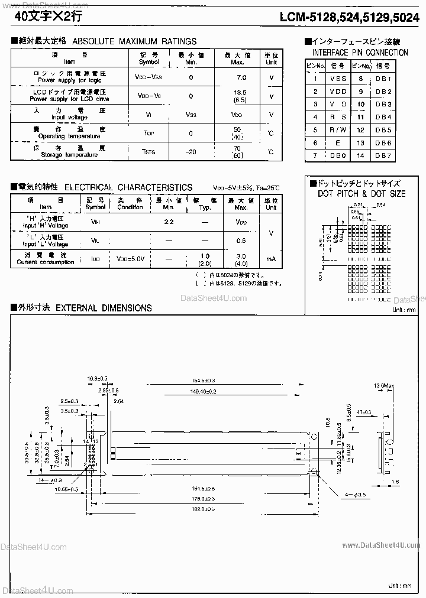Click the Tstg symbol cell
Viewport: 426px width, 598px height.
[149, 152]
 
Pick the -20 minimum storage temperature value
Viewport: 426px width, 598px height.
[191, 152]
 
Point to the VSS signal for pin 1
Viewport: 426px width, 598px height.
[338, 79]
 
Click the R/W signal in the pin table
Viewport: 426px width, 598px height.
[338, 130]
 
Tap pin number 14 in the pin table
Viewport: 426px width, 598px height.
[361, 156]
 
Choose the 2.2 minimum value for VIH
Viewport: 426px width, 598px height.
[169, 221]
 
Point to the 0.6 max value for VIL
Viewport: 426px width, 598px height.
[241, 240]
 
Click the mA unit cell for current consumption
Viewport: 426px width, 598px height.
[271, 259]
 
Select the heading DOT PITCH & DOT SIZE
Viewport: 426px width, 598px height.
[362, 194]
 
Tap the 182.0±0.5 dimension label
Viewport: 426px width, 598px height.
[203, 508]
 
